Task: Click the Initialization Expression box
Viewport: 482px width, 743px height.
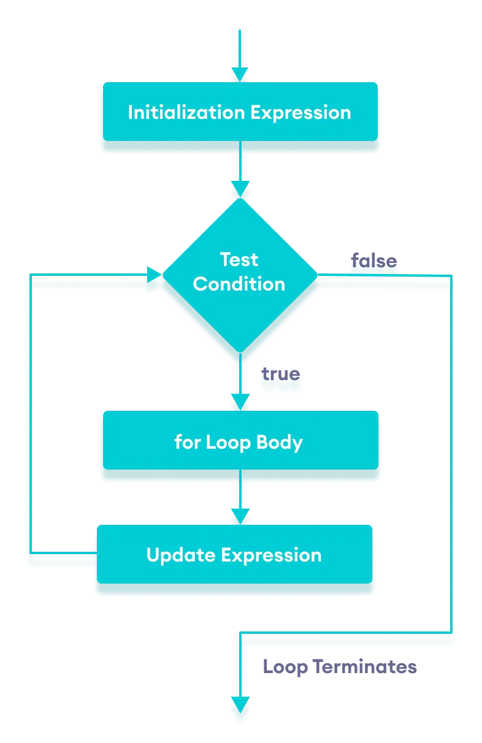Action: [x=239, y=112]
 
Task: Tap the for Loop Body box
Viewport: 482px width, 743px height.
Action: [x=239, y=441]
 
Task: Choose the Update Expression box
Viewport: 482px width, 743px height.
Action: [x=234, y=555]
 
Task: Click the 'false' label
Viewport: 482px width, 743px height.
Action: [x=373, y=261]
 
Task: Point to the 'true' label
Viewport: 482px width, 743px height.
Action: [x=280, y=373]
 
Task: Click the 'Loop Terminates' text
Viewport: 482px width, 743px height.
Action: [x=340, y=666]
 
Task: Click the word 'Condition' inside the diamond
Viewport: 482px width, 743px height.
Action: [x=239, y=284]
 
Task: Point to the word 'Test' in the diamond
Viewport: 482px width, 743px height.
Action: [x=239, y=259]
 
